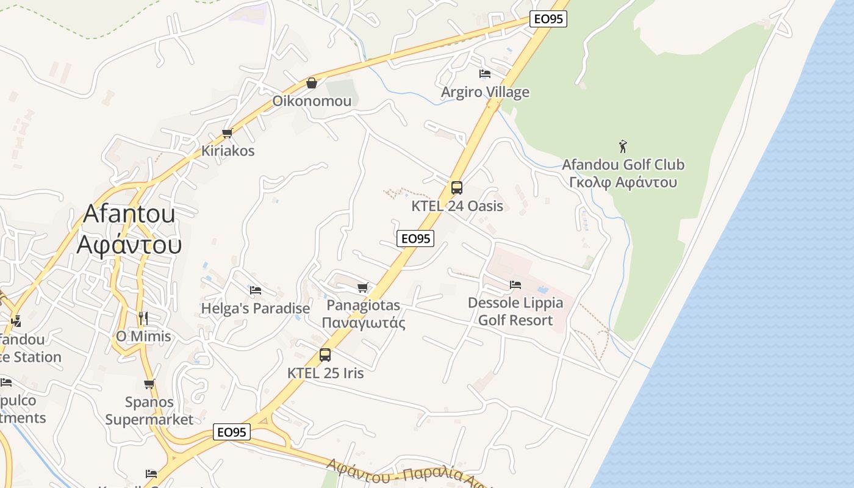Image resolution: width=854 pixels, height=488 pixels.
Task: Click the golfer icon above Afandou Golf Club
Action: [x=623, y=146]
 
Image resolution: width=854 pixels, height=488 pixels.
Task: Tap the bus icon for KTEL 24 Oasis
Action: [x=457, y=188]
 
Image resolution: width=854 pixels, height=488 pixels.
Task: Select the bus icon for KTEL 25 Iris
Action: [x=325, y=355]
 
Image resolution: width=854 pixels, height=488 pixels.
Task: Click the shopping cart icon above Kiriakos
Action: [x=228, y=133]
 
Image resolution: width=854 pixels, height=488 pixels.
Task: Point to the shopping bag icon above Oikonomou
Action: [x=312, y=83]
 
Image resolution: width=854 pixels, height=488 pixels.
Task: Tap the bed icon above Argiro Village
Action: [x=485, y=74]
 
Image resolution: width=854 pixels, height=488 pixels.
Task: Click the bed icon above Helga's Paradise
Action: [x=256, y=290]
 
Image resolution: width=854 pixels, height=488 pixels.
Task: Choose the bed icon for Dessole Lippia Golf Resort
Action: [x=515, y=284]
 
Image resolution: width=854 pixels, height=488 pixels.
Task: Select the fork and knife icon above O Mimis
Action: [x=143, y=318]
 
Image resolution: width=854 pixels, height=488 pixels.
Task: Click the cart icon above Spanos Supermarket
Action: [x=149, y=384]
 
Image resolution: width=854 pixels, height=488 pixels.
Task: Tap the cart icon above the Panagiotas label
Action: [x=363, y=287]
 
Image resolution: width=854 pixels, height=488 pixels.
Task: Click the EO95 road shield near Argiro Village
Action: [x=548, y=19]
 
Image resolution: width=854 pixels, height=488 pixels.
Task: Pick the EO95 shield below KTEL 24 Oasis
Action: [x=415, y=239]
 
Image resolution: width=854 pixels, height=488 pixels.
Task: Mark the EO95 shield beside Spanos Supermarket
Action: [x=232, y=432]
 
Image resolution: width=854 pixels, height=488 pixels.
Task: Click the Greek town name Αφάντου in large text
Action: [x=129, y=244]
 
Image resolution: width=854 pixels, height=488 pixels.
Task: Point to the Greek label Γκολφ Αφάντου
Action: [x=623, y=182]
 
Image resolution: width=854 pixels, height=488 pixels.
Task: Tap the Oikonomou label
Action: [x=312, y=101]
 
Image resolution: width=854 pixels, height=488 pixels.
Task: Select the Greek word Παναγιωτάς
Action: [x=364, y=323]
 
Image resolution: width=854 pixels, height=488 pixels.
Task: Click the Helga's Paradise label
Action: [x=256, y=309]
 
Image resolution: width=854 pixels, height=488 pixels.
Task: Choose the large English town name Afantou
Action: [x=129, y=213]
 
